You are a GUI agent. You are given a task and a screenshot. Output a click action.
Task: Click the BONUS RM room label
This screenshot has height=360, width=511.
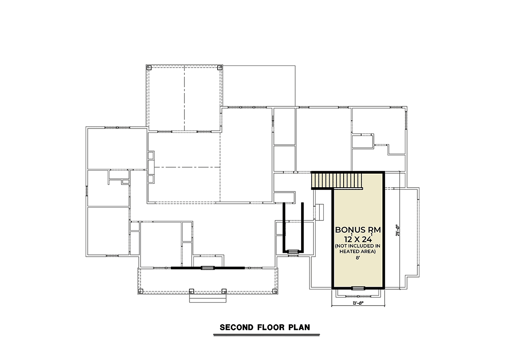coord(358,230)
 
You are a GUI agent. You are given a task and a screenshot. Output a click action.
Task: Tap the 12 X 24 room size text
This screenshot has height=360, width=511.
coord(358,239)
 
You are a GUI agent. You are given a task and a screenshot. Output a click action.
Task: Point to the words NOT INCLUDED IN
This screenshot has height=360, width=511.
coord(357,246)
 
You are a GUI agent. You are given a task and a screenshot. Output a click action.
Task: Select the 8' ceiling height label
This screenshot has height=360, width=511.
coord(358,258)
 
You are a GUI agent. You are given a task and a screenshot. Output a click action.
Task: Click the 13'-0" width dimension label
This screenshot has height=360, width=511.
coord(358,303)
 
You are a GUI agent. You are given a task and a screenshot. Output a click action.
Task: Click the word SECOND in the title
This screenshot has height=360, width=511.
coord(236,327)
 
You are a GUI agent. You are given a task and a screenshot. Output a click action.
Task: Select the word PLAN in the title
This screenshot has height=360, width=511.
coord(299,327)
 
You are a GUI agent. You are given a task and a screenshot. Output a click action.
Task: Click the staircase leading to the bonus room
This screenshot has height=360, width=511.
coord(337,180)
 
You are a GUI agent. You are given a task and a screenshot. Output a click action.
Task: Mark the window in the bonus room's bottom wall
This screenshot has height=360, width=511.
coord(358,288)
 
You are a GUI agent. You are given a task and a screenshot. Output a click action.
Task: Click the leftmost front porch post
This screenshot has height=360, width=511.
coord(141,291)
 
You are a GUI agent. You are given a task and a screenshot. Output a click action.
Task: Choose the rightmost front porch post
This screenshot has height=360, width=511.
coord(275,291)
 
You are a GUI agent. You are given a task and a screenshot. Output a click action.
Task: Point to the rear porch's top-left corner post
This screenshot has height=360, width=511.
coord(149,68)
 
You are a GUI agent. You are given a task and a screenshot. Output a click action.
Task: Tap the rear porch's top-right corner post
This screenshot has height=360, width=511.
coord(220,68)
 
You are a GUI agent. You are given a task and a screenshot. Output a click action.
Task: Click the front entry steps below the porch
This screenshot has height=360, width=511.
coord(208,298)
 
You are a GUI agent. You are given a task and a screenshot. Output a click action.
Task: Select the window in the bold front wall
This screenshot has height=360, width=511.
coord(208,268)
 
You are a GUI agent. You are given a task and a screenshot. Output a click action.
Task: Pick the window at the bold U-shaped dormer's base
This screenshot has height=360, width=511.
coord(293,251)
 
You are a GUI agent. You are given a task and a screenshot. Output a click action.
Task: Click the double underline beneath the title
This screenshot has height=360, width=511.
coord(267,335)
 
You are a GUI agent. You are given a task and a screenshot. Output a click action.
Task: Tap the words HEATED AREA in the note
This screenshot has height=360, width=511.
coord(357,251)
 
